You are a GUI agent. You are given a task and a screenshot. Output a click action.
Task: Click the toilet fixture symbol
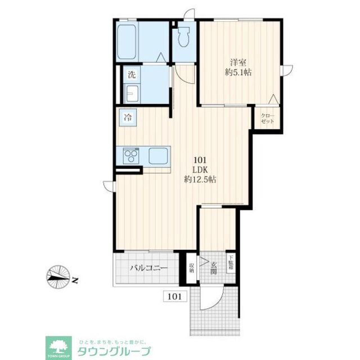click(183, 37)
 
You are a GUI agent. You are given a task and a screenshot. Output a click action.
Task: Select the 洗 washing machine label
click(131, 74)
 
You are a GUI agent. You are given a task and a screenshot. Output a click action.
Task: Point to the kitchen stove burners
click(131, 154)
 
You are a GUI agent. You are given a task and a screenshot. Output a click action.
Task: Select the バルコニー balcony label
click(149, 268)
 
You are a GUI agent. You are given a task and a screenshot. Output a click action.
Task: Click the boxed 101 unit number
click(174, 296)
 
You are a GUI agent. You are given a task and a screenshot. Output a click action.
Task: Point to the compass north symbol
click(61, 276)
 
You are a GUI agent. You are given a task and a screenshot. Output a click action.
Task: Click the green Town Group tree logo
click(57, 347)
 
